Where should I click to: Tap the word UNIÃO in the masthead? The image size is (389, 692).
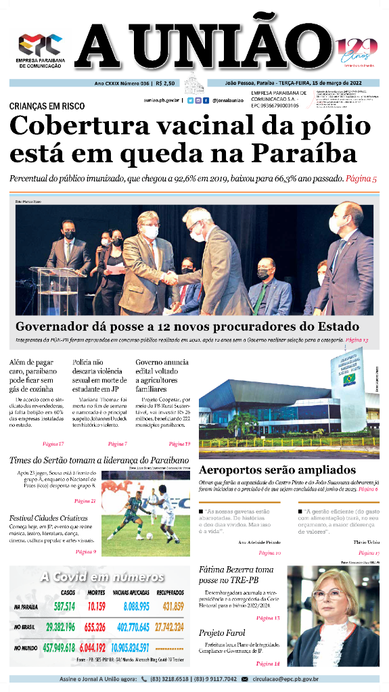[231, 46]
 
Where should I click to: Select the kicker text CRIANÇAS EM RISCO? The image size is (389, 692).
[47, 106]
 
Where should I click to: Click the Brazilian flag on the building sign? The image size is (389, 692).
[349, 379]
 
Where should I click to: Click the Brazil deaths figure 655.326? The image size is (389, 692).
[95, 627]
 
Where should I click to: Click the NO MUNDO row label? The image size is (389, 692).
[26, 648]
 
